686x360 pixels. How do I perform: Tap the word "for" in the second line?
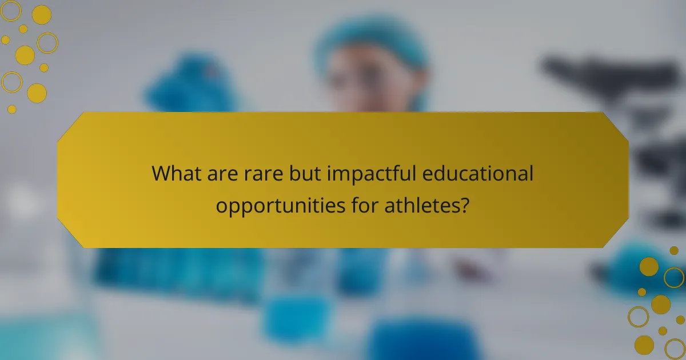[361, 205]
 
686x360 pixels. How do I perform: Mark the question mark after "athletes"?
[465, 205]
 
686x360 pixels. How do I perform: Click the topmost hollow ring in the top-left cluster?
[11, 11]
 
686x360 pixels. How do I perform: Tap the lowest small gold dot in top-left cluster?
[12, 109]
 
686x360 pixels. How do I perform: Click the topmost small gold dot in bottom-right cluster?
[674, 250]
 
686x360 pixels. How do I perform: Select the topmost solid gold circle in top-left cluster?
[42, 15]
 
